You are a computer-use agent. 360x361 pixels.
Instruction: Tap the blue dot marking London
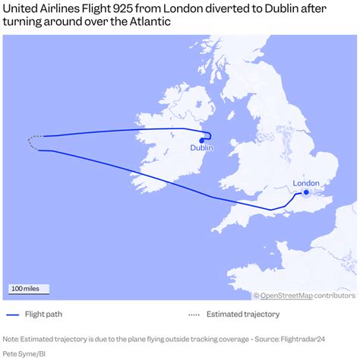click(x=306, y=192)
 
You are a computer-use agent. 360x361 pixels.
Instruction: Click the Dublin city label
click(x=202, y=148)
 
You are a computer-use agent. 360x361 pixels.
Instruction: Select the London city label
click(x=306, y=183)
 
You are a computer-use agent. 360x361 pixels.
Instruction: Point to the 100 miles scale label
click(x=27, y=289)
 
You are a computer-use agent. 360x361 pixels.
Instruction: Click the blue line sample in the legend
click(x=12, y=315)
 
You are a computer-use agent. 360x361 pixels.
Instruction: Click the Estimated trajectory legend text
click(x=244, y=315)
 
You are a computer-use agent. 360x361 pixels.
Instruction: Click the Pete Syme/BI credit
click(x=24, y=353)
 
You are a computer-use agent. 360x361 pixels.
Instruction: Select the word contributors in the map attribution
click(x=335, y=296)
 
